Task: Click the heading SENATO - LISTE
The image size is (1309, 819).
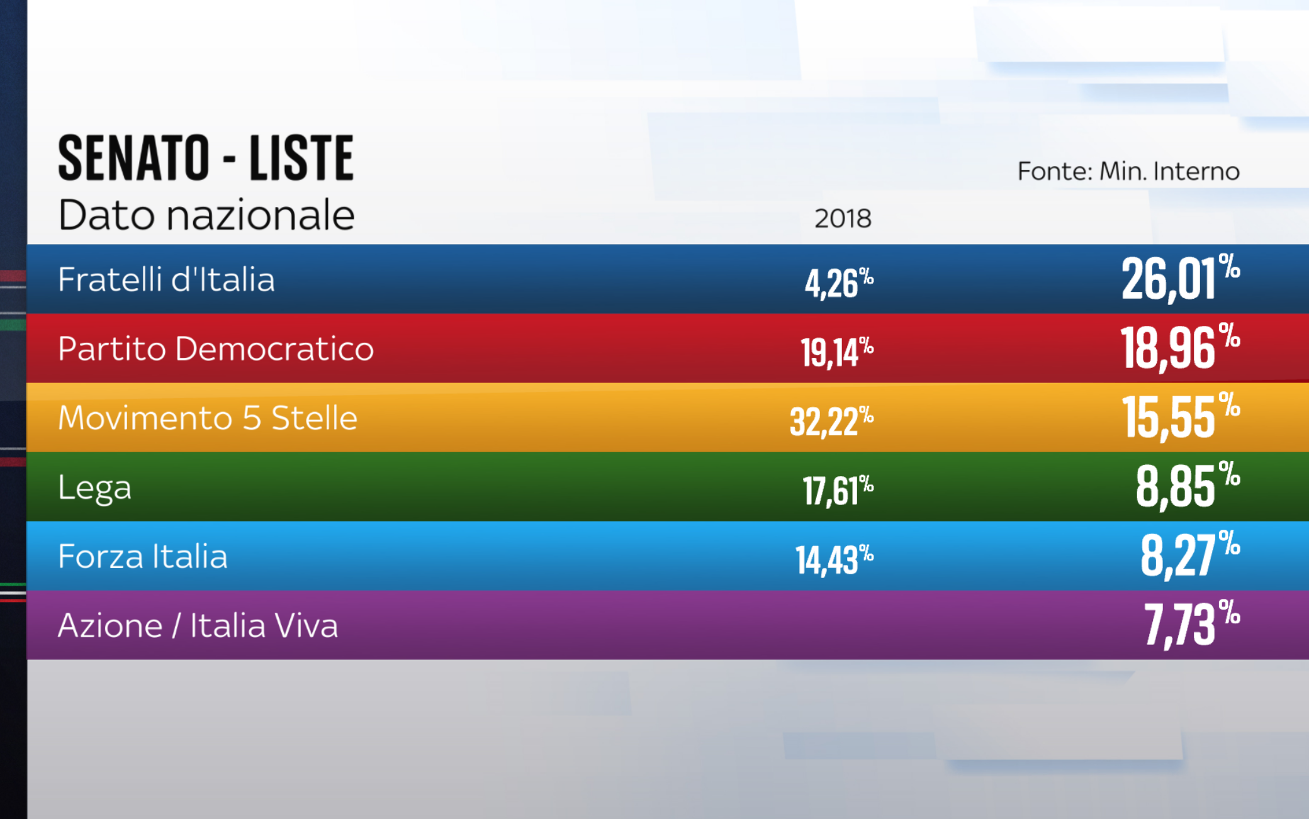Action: tap(206, 158)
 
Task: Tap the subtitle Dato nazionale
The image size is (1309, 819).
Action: tap(206, 215)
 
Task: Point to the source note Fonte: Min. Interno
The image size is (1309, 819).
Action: tap(1128, 171)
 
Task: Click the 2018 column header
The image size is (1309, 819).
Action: tap(843, 218)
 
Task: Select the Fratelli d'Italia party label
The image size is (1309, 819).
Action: tap(166, 279)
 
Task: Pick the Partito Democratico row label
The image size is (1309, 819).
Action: tap(215, 348)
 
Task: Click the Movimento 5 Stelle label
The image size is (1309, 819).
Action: tap(207, 418)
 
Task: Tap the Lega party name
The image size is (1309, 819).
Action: tap(94, 487)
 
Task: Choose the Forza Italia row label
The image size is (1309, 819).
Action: tap(142, 557)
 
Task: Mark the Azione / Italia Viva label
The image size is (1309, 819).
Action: tap(198, 626)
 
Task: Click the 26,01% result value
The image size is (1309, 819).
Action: tap(1179, 278)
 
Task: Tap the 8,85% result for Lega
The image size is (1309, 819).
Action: tap(1187, 486)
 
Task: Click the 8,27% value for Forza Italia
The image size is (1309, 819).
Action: tap(1189, 555)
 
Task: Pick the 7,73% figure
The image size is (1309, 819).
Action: tap(1191, 624)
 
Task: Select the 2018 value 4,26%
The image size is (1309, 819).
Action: tap(838, 283)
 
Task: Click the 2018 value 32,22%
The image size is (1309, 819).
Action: tap(831, 421)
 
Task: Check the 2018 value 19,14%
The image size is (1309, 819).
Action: tap(836, 352)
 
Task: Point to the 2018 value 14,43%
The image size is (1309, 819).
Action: tap(834, 559)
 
